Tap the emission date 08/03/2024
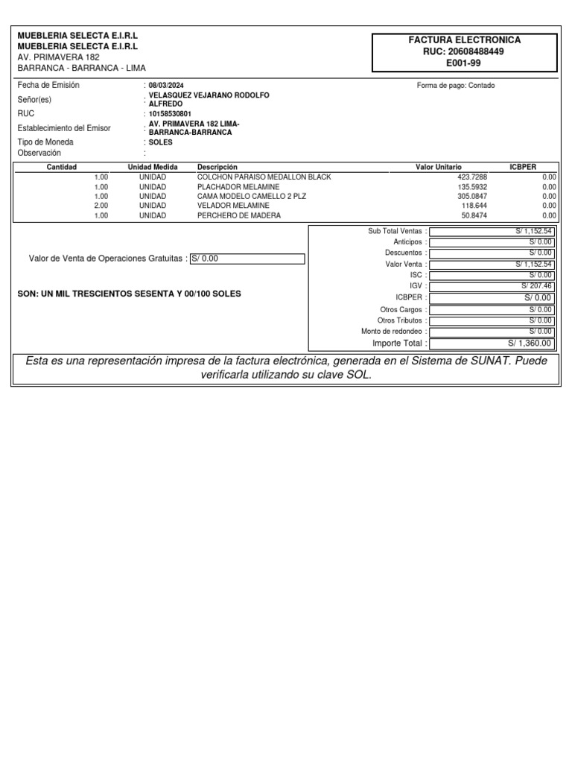point(166,86)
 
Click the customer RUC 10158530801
point(171,114)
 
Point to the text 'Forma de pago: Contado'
point(456,86)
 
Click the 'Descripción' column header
point(217,167)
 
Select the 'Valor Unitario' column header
point(439,167)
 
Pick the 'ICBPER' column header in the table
point(522,167)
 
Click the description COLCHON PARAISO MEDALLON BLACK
point(264,177)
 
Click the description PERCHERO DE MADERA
point(239,215)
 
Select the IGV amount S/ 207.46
point(536,286)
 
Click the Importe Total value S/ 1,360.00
point(530,343)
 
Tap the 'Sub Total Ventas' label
point(394,232)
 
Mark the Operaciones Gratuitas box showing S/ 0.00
point(247,259)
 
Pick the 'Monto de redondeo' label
point(394,331)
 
